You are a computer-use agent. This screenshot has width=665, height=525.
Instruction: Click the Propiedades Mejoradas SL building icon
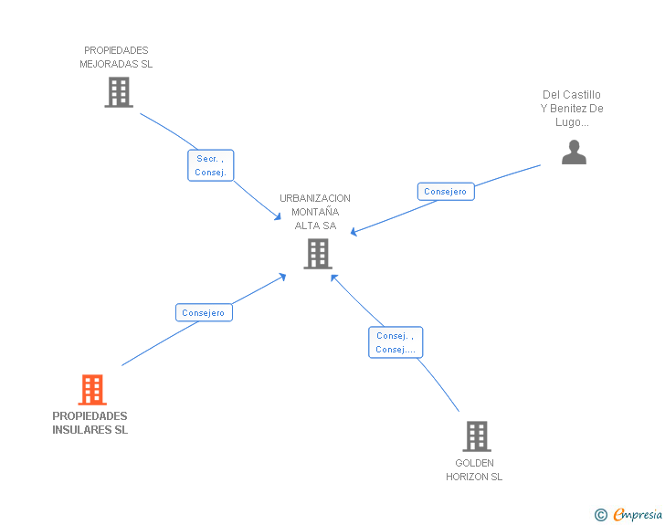pos(119,92)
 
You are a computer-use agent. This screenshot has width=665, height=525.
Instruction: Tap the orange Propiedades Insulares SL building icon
pos(91,390)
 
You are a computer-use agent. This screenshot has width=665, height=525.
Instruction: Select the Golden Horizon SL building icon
pos(476,436)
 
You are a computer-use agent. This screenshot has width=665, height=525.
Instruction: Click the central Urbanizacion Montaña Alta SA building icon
pos(317,254)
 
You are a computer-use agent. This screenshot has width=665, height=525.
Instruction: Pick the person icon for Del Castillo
pos(574,152)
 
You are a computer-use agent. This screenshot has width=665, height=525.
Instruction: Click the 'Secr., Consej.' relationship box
pos(211,165)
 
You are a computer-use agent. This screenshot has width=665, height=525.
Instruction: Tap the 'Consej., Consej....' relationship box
pos(396,342)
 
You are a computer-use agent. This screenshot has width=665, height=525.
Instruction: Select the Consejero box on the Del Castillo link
pos(446,192)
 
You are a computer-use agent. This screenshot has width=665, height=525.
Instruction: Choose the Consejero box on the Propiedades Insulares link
pos(204,312)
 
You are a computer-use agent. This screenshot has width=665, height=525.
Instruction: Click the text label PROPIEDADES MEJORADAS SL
pos(116,58)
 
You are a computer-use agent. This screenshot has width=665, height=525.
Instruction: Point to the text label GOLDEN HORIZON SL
pos(474,469)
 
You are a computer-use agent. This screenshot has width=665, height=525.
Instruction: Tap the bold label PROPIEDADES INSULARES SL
pos(90,423)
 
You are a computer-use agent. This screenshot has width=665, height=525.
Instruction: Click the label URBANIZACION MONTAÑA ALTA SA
pos(315,212)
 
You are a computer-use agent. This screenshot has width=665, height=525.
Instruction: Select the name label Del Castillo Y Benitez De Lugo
pos(572,108)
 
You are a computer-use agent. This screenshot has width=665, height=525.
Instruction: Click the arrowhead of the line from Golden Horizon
pos(333,276)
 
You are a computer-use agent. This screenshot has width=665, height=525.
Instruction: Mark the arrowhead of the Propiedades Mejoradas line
pos(278,216)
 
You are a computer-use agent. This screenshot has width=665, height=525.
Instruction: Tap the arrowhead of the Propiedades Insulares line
pos(282,276)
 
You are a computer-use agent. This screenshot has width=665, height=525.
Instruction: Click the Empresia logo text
pos(638,515)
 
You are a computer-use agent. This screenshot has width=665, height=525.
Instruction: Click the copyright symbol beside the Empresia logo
pos(600,515)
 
